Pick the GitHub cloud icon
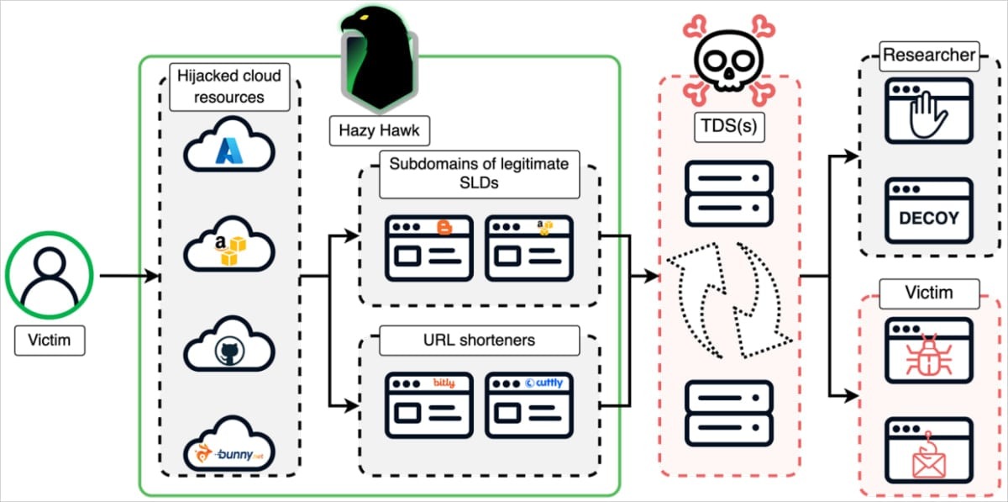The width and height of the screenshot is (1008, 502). (x=229, y=346)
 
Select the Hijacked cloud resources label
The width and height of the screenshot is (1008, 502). (x=229, y=87)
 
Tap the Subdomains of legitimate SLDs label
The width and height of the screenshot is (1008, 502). (x=478, y=175)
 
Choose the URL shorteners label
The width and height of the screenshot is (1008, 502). (x=480, y=340)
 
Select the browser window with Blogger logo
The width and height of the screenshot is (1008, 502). (x=428, y=247)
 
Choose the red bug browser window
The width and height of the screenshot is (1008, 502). (x=928, y=350)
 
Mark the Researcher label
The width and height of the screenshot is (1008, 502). (x=928, y=56)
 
